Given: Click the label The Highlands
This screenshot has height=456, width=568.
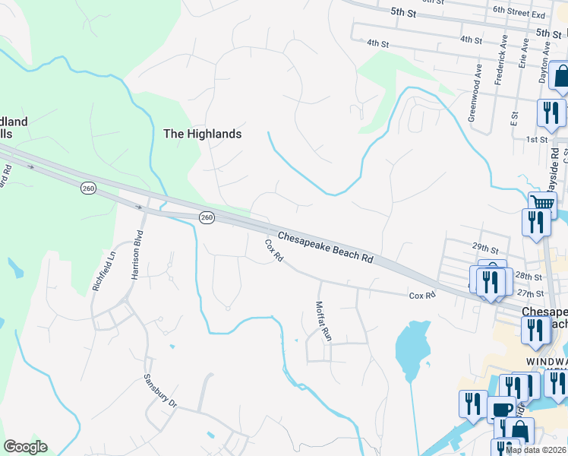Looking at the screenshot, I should coord(203,134).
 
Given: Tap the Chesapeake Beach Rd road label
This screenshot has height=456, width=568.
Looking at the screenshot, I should coord(325,248).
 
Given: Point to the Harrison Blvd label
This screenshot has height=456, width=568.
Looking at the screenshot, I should coord(137,255).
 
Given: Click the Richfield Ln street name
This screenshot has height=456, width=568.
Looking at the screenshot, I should coord(97,272).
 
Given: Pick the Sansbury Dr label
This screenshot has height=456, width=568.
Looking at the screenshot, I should coord(160,391).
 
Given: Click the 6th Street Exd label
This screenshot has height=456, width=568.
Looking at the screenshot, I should coord(519,14).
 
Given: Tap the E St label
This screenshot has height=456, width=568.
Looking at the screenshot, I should coord(514,118).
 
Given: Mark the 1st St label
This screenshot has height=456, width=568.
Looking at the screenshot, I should coord(537,140).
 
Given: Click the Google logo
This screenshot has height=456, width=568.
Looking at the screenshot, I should coord(25,447).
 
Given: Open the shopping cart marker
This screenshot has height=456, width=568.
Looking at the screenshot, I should coord(542,203).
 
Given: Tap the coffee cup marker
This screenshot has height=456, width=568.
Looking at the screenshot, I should coord(501,409).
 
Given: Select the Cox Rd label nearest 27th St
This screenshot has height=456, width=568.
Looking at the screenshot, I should coord(421,295).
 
